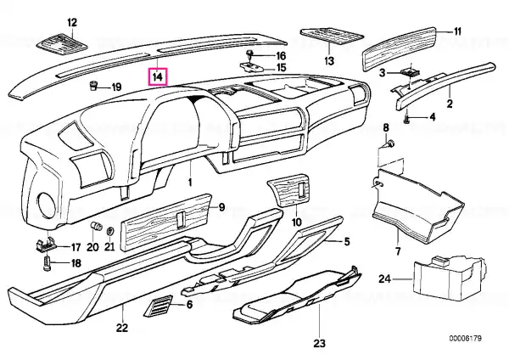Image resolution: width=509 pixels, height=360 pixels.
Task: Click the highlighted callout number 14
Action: [x=158, y=76]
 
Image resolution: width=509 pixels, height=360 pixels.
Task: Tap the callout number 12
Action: [x=72, y=22]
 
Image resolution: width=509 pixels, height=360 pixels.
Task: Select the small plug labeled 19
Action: [x=92, y=86]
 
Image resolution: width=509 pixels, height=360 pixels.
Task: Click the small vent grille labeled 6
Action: [x=158, y=306]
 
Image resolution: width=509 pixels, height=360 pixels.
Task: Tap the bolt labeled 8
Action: [x=390, y=143]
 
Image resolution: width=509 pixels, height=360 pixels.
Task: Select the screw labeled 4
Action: [x=406, y=119]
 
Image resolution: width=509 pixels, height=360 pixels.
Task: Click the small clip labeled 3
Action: [x=411, y=72]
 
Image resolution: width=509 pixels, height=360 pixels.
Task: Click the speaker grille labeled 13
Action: [x=332, y=36]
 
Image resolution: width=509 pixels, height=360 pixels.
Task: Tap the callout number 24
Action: [x=384, y=278]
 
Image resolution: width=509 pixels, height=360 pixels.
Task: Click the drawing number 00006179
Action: [x=465, y=338]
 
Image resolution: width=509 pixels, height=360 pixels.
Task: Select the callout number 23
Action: [x=320, y=343]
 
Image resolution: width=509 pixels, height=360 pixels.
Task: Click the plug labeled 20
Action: [x=95, y=225]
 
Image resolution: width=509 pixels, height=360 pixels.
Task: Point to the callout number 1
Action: [x=190, y=182]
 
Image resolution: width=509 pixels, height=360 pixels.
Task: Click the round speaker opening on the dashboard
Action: [x=46, y=205]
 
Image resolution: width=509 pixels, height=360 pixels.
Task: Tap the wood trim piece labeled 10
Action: [x=288, y=194]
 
